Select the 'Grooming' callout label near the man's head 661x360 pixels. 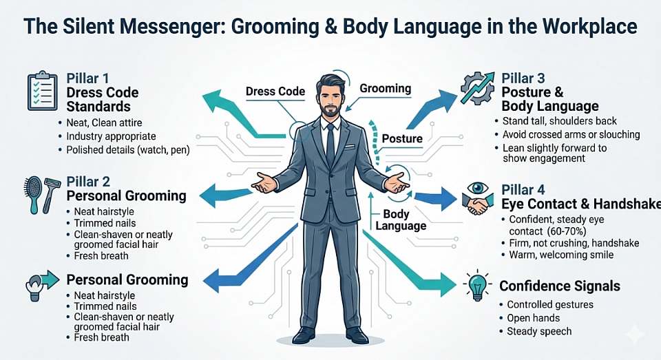pyautogui.click(x=386, y=88)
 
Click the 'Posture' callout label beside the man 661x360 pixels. pyautogui.click(x=402, y=138)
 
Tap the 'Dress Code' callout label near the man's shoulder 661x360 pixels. pyautogui.click(x=275, y=92)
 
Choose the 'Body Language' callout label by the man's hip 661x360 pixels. pyautogui.click(x=401, y=220)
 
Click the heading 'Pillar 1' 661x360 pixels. pyautogui.click(x=87, y=78)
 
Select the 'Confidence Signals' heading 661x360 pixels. pyautogui.click(x=559, y=286)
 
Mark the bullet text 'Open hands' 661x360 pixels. pyautogui.click(x=533, y=318)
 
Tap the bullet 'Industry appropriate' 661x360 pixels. pyautogui.click(x=111, y=136)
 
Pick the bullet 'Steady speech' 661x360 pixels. pyautogui.click(x=539, y=331)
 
